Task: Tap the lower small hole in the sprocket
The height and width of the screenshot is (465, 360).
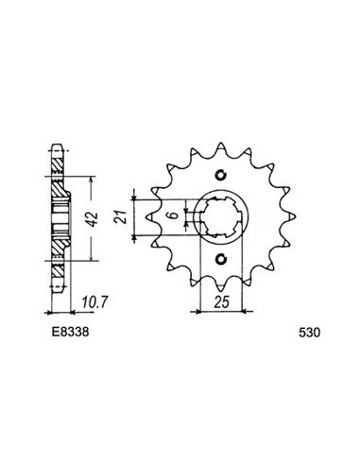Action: [x=222, y=260]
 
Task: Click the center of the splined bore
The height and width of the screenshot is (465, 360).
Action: [x=222, y=216]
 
